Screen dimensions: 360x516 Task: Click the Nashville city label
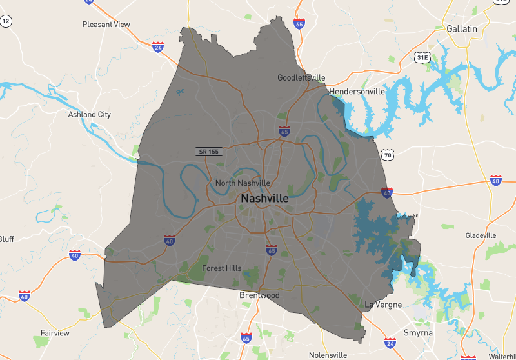264,199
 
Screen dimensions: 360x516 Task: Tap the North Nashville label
243,183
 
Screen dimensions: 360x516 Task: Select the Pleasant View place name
106,25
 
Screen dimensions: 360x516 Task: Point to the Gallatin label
462,28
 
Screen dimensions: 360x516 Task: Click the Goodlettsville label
301,77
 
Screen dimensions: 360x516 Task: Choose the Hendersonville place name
357,92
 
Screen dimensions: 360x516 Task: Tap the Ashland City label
90,114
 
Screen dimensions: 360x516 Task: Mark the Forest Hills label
221,268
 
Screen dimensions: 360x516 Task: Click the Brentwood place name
259,295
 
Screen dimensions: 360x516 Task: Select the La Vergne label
383,304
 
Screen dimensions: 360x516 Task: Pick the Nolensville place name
328,355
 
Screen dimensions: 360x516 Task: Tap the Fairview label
55,333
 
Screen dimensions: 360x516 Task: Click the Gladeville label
481,235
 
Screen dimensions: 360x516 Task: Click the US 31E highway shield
422,58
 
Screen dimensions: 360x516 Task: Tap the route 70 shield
387,155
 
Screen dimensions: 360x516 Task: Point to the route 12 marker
6,21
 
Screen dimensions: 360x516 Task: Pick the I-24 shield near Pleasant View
158,47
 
